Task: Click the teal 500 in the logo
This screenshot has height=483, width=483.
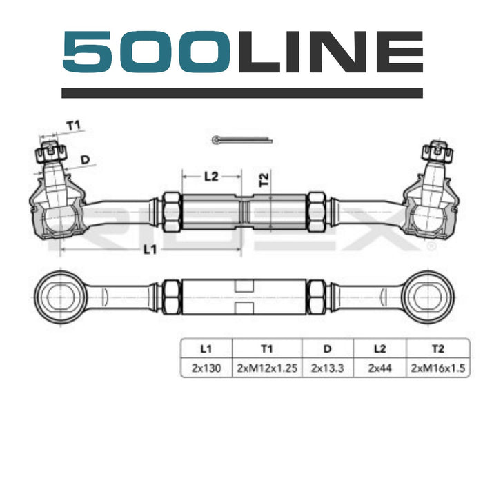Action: pyautogui.click(x=146, y=52)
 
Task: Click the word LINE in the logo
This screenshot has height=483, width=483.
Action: pyautogui.click(x=331, y=52)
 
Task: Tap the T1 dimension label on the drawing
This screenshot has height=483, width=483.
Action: pyautogui.click(x=74, y=126)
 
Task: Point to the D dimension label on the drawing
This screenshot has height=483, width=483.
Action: pyautogui.click(x=85, y=159)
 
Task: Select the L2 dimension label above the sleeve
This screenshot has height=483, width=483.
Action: pyautogui.click(x=211, y=177)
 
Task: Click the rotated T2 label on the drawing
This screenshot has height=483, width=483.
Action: pyautogui.click(x=264, y=179)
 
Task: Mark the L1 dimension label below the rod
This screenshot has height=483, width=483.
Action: pyautogui.click(x=150, y=249)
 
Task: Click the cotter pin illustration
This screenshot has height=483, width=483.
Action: pyautogui.click(x=242, y=140)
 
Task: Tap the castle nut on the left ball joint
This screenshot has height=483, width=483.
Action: pyautogui.click(x=51, y=152)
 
